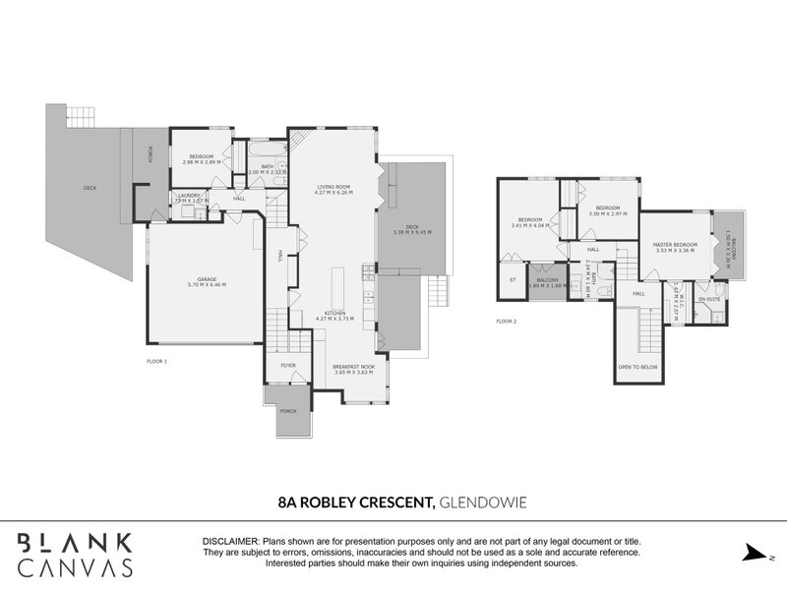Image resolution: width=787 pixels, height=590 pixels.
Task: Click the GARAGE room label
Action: tap(206, 279)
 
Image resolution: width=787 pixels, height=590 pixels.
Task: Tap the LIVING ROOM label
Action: tap(333, 187)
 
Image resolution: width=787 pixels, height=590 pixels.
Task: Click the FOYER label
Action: tap(288, 365)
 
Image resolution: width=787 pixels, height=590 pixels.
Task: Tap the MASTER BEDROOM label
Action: tap(677, 244)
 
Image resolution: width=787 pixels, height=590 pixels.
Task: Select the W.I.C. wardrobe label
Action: tap(676, 294)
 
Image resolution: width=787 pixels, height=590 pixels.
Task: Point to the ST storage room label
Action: tap(512, 280)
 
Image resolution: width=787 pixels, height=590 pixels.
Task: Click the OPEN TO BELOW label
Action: tap(637, 367)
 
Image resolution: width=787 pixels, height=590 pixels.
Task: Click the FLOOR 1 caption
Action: tap(156, 362)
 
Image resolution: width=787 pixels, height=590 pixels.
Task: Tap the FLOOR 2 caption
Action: tap(506, 322)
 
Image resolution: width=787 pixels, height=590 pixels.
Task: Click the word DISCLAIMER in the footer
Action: tap(230, 542)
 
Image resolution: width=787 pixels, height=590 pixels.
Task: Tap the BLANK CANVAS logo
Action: tap(76, 555)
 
